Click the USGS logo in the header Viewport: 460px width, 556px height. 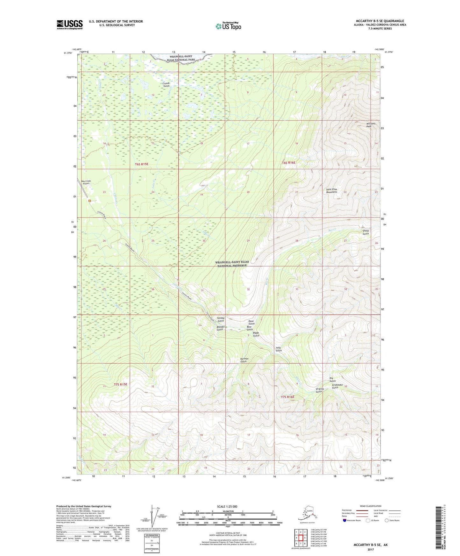tap(69, 25)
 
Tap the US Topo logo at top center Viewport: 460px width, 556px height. tap(228, 26)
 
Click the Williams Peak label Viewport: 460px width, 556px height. tap(371, 125)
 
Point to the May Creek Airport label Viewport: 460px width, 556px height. tap(86, 182)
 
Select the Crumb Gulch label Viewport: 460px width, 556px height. tap(166, 84)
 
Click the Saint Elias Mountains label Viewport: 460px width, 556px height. tap(331, 190)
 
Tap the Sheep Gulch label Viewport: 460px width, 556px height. tap(365, 232)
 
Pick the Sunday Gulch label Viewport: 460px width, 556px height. tap(221, 319)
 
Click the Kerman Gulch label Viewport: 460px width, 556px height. tap(244, 360)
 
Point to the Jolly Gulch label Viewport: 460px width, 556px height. tap(279, 349)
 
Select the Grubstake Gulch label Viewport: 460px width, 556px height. tap(337, 386)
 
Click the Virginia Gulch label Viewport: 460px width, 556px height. tap(319, 390)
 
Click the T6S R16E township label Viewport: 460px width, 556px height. tap(288, 163)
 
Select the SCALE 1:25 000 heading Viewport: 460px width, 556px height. tap(227, 506)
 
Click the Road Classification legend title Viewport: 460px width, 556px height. tap(371, 506)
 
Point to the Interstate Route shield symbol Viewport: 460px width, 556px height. tap(345, 521)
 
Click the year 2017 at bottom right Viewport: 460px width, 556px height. tap(371, 549)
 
